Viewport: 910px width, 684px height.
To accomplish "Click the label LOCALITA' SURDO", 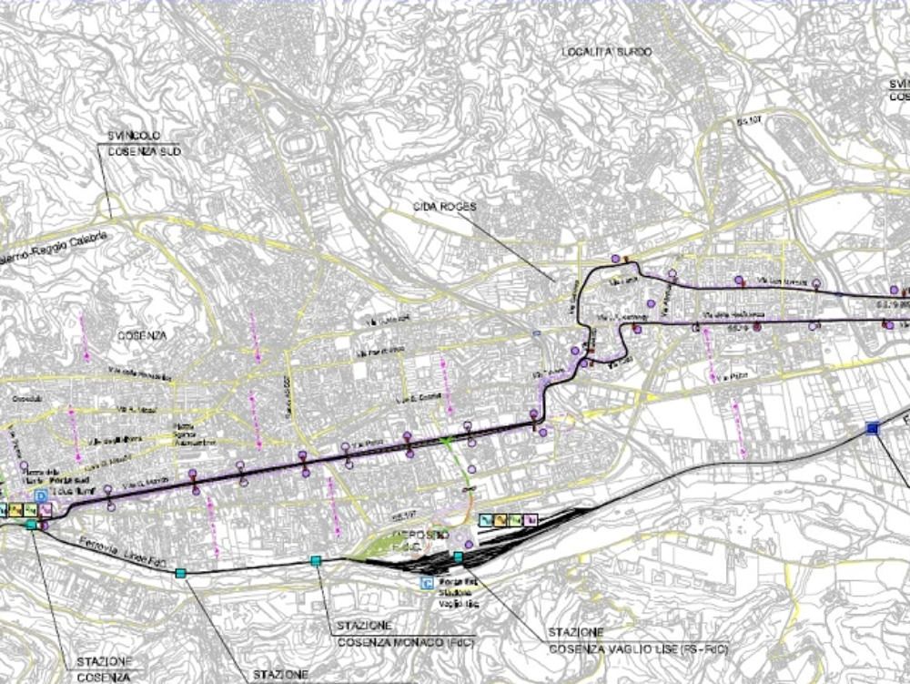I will click(x=607, y=52).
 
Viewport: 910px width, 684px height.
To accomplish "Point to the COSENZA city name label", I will click(x=143, y=335).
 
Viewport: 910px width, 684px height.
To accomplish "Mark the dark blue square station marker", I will click(x=872, y=428).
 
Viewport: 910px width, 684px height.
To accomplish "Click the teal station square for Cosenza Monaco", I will click(x=316, y=561).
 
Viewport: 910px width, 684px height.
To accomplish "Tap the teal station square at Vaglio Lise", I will click(x=459, y=556).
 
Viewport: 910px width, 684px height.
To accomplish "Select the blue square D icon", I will click(x=40, y=495).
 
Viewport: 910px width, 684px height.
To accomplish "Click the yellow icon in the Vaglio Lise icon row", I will click(x=516, y=520).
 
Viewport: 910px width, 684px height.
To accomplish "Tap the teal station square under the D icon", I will click(x=32, y=526).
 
